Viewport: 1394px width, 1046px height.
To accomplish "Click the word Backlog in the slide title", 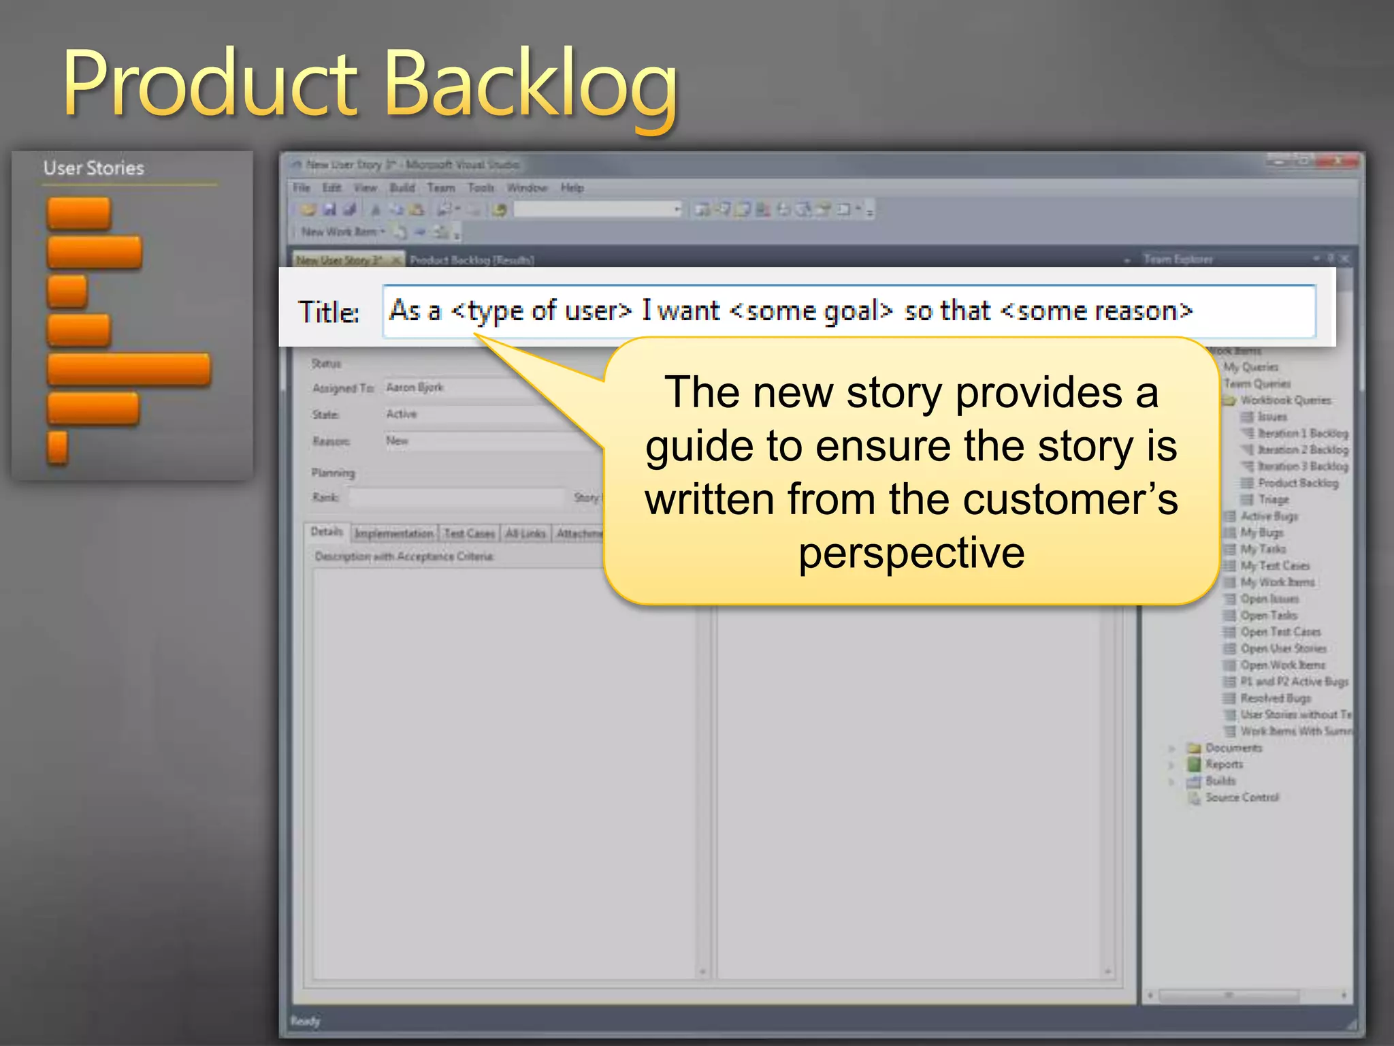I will tap(531, 85).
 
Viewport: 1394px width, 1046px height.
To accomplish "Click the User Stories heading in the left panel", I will tap(94, 168).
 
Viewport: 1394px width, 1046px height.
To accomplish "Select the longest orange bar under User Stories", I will tap(129, 370).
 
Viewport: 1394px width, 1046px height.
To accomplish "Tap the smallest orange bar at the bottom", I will tap(58, 448).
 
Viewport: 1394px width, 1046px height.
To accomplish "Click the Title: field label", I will tap(329, 313).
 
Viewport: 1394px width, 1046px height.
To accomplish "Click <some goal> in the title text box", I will tap(811, 311).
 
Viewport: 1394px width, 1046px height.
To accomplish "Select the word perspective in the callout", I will tap(911, 552).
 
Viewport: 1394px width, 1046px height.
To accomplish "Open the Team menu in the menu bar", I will tap(441, 188).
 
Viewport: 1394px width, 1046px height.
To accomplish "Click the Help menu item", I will tap(572, 188).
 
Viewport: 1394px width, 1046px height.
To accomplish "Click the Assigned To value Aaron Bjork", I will tap(415, 387).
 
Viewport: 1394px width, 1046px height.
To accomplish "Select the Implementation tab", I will tap(394, 534).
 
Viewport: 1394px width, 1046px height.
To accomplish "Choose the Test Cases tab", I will tap(469, 534).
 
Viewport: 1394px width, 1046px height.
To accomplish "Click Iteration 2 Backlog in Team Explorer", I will tap(1302, 450).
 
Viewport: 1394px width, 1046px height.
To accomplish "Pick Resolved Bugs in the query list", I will tap(1275, 699).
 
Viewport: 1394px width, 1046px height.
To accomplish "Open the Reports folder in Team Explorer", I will tap(1223, 765).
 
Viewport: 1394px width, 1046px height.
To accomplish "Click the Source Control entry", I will tap(1242, 797).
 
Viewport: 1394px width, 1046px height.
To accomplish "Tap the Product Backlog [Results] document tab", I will tap(472, 260).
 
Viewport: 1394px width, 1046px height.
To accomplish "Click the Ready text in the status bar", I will tap(305, 1021).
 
